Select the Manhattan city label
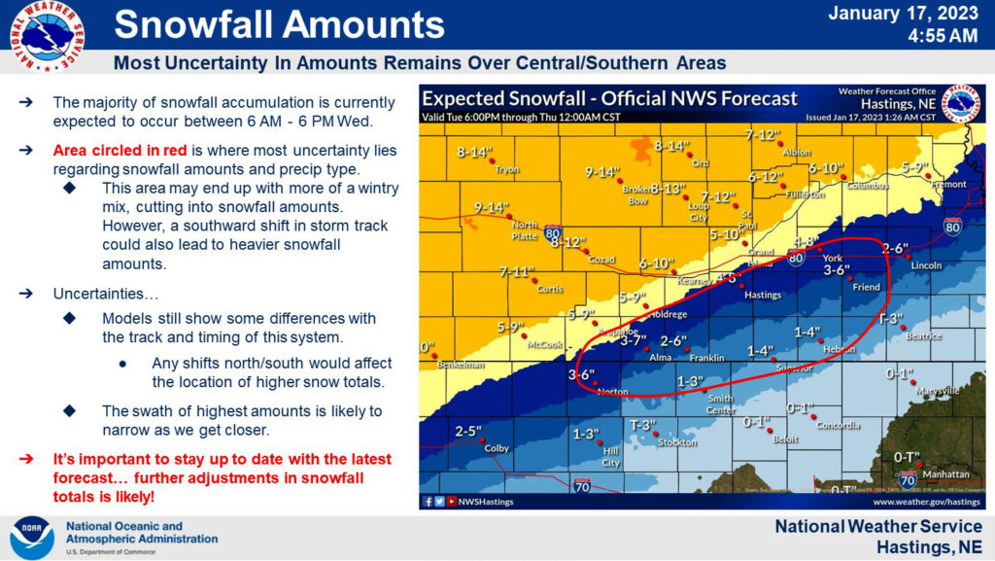[945, 474]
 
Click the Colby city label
[497, 448]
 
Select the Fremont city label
[948, 184]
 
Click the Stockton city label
[677, 442]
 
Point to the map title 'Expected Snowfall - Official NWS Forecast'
[609, 98]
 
